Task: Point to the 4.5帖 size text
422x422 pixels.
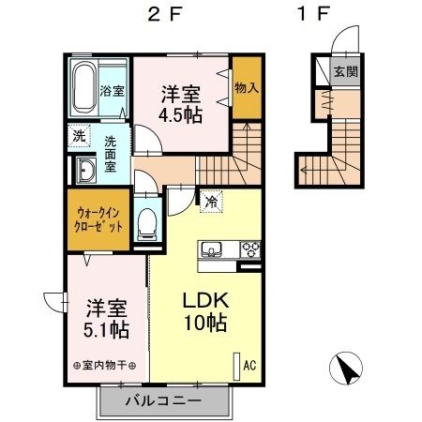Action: pyautogui.click(x=179, y=115)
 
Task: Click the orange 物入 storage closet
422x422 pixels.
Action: pyautogui.click(x=246, y=87)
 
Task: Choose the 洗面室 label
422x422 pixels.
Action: pyautogui.click(x=111, y=153)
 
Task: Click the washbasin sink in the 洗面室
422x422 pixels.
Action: pyautogui.click(x=85, y=171)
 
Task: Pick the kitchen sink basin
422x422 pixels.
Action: pyautogui.click(x=209, y=250)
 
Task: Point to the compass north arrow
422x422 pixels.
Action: pyautogui.click(x=346, y=369)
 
